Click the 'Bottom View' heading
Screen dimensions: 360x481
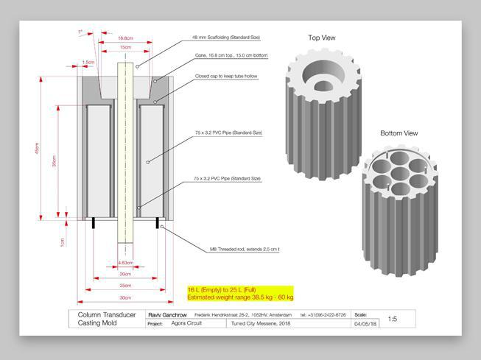coord(399,133)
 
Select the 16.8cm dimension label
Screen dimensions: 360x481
coord(125,38)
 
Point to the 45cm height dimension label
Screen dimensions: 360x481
coord(38,147)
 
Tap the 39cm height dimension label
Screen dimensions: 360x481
coord(54,162)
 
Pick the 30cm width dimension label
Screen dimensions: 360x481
coord(125,297)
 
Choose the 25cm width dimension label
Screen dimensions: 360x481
coord(125,285)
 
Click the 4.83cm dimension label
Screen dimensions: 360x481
coord(125,262)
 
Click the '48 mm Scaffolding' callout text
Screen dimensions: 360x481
coord(226,37)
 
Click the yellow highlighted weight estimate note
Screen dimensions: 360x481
coord(240,294)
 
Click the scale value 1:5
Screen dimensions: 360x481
coord(393,320)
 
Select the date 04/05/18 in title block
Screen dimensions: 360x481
coord(365,323)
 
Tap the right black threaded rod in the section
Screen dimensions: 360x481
coord(158,224)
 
